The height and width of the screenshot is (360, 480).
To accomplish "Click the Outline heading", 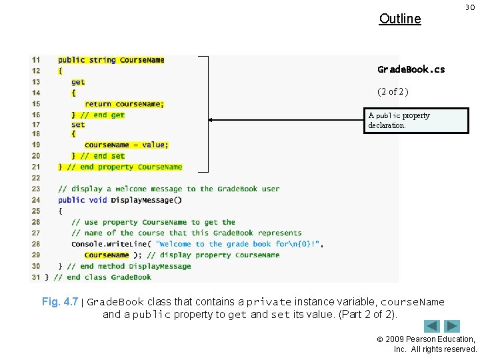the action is pyautogui.click(x=400, y=19).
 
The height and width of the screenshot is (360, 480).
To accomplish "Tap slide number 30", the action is pyautogui.click(x=469, y=7).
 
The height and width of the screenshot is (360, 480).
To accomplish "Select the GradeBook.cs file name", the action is pyautogui.click(x=411, y=69).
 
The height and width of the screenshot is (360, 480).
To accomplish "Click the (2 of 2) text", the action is pyautogui.click(x=393, y=91).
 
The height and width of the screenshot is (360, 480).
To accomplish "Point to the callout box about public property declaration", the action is pyautogui.click(x=417, y=120).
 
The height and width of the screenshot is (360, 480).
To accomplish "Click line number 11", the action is pyautogui.click(x=35, y=60).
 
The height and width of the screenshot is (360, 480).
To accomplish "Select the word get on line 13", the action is pyautogui.click(x=78, y=82).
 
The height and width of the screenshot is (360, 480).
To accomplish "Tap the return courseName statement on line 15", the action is pyautogui.click(x=124, y=104).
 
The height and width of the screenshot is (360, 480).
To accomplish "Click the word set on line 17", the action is pyautogui.click(x=78, y=125).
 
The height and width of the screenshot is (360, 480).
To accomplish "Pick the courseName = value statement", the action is pyautogui.click(x=126, y=145).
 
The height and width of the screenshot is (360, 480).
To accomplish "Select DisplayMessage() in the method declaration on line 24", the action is pyautogui.click(x=146, y=200).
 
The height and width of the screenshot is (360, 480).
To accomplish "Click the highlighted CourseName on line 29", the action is pyautogui.click(x=107, y=255).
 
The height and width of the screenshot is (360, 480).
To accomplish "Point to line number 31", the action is pyautogui.click(x=35, y=277).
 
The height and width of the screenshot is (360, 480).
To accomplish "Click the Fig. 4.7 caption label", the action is pyautogui.click(x=60, y=302).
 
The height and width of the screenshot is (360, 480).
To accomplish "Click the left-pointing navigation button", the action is pyautogui.click(x=432, y=327).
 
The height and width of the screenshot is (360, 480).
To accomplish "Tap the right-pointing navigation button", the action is pyautogui.click(x=453, y=327).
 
